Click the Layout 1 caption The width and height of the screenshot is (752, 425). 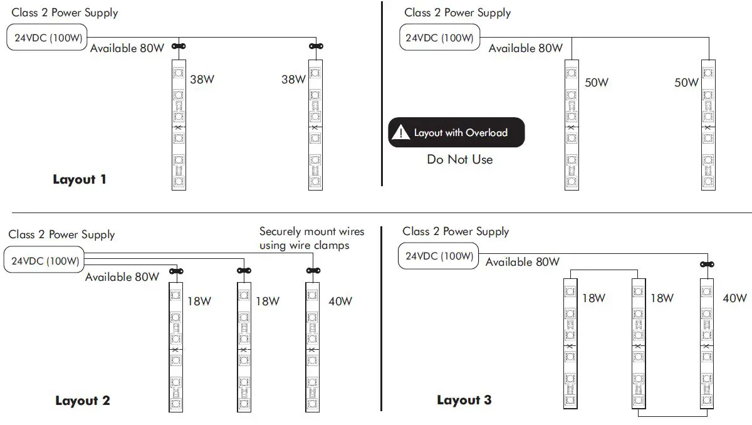[80, 180]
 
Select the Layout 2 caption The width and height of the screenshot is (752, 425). [83, 401]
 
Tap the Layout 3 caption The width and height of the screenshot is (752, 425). [464, 401]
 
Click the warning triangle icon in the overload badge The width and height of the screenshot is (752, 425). [400, 132]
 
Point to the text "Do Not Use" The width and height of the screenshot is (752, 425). [460, 160]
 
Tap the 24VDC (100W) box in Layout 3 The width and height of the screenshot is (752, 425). [439, 256]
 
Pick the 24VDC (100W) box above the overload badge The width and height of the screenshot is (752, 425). [439, 38]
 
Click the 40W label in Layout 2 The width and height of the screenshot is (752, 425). [340, 302]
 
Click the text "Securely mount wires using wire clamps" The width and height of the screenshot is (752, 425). [311, 239]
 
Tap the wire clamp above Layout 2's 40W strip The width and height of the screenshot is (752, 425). [311, 271]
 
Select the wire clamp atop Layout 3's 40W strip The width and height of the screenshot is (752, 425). [708, 266]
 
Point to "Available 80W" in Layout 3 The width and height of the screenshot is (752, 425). [523, 263]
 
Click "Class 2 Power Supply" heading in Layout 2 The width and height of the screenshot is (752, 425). [61, 235]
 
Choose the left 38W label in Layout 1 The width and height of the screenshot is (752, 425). [202, 80]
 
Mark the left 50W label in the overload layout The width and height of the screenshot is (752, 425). [597, 83]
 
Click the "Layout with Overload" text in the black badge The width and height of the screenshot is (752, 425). [461, 133]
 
